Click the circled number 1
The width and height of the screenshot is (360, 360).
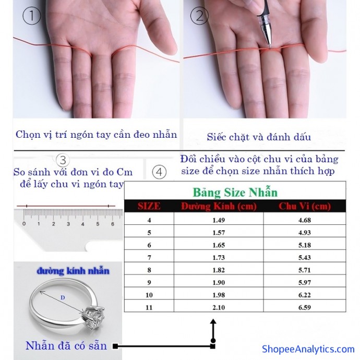tap(32, 16)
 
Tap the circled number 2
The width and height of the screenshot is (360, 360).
tap(199, 16)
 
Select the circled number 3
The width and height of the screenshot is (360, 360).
tap(63, 160)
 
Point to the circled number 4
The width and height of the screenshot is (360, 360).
tap(159, 172)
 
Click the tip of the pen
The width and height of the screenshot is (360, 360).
tap(270, 48)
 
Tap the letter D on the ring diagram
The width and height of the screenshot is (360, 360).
tap(63, 298)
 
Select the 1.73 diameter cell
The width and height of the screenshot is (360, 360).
tap(219, 258)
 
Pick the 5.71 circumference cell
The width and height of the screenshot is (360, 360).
tap(305, 270)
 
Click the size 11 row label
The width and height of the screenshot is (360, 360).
tap(149, 307)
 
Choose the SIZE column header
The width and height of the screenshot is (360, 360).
tap(149, 206)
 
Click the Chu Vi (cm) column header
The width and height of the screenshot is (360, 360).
tap(305, 206)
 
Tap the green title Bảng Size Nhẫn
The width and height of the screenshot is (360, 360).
tap(235, 192)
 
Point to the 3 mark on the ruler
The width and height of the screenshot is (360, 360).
tap(68, 224)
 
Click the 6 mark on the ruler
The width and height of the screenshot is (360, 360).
tap(113, 224)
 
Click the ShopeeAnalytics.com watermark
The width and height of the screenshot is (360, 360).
tap(308, 349)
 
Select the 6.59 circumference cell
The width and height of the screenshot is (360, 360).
tap(305, 307)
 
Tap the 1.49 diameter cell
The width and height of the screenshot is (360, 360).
tap(219, 220)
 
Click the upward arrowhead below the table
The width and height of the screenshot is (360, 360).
tap(213, 321)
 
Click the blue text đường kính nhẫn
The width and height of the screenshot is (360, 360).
tap(73, 271)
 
